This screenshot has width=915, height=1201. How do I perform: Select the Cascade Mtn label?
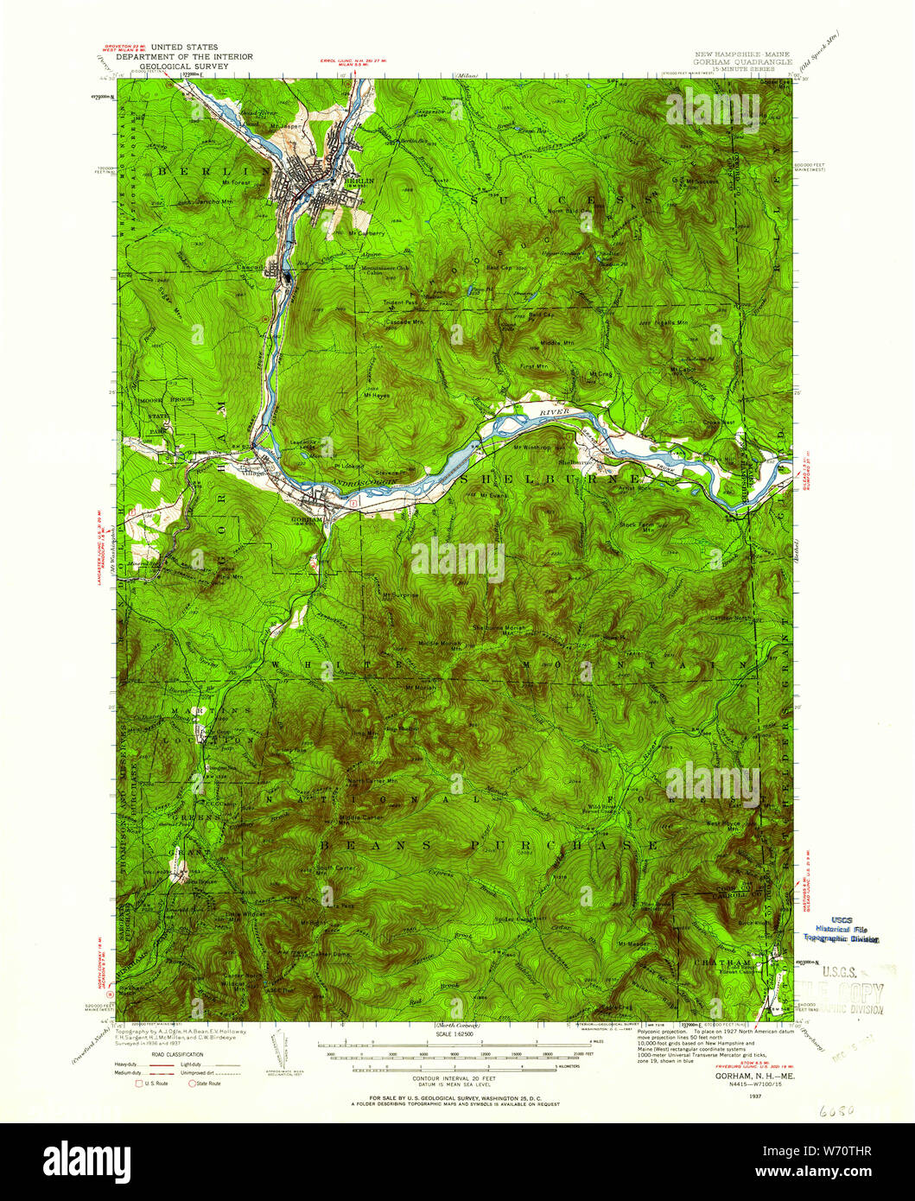tap(404, 321)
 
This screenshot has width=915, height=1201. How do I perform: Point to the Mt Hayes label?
tap(378, 395)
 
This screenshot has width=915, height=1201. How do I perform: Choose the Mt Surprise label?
tap(400, 595)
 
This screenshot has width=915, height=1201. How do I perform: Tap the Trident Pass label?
tap(400, 303)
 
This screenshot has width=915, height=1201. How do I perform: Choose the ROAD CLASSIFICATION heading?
tap(181, 1054)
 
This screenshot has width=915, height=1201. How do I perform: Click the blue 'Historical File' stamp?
tap(842, 929)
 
